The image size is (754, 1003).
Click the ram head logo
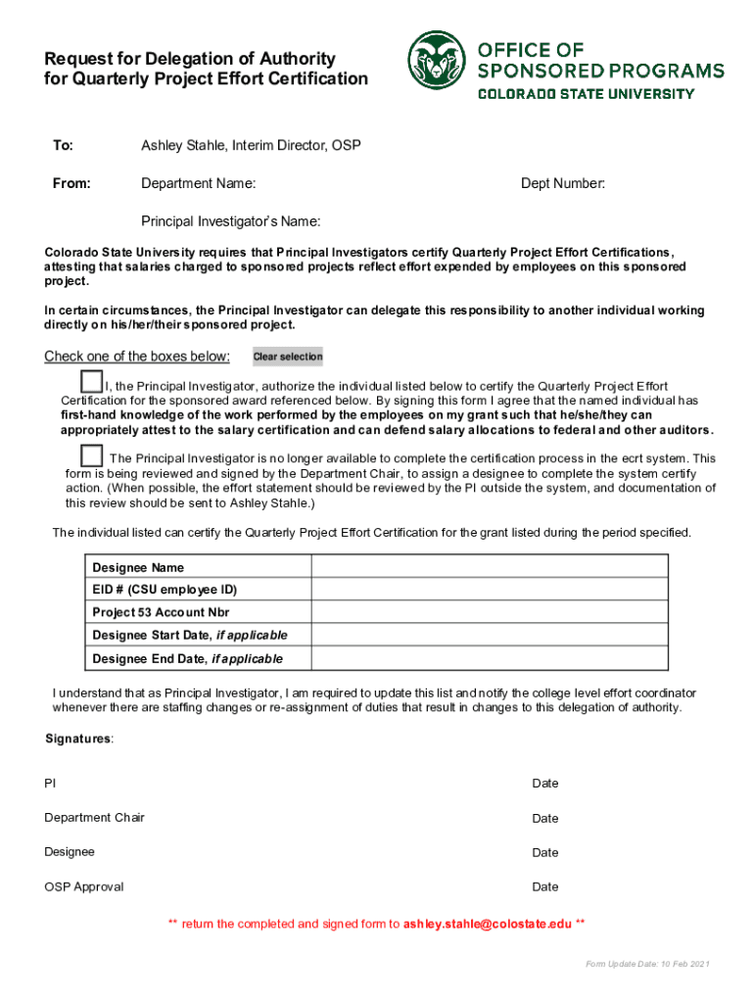[x=437, y=60]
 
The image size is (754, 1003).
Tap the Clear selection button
[x=288, y=357]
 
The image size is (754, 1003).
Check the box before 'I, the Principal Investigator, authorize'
[x=91, y=381]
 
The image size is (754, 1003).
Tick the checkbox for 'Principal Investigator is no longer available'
[x=91, y=454]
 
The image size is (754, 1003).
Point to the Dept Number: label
[x=562, y=183]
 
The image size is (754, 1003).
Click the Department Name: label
[x=199, y=183]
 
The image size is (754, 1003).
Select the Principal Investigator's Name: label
[x=231, y=221]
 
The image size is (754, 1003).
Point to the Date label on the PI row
[x=545, y=783]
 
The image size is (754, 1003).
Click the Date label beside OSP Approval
[x=545, y=886]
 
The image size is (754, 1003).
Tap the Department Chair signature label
[x=94, y=817]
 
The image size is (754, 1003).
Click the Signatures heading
[x=79, y=738]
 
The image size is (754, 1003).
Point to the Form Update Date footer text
[x=647, y=965]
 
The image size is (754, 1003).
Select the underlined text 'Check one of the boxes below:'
[x=137, y=356]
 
